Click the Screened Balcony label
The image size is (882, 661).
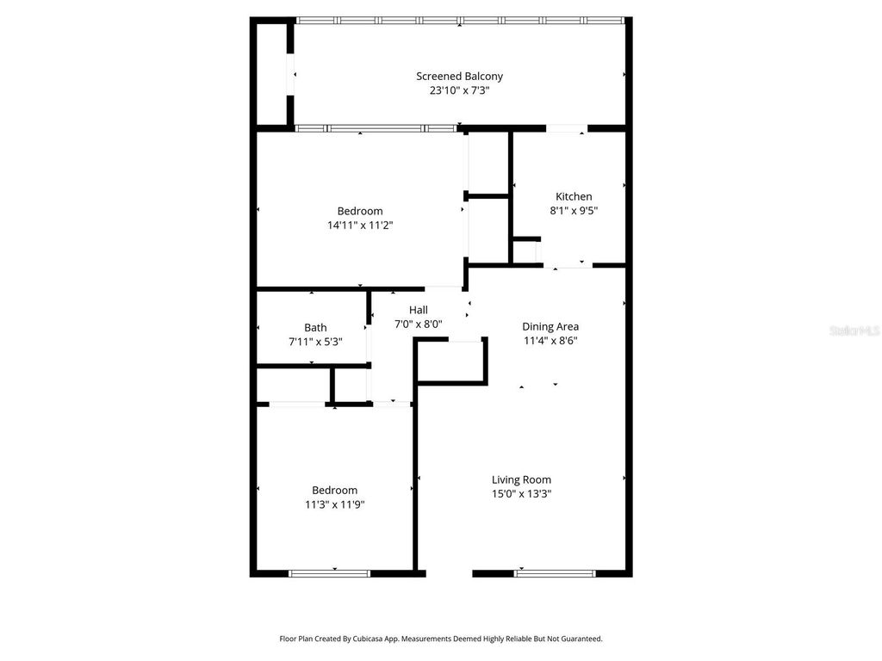(x=459, y=76)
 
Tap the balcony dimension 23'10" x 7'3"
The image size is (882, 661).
(x=459, y=90)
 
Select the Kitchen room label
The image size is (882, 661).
(x=574, y=196)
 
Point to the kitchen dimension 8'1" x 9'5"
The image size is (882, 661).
(x=574, y=210)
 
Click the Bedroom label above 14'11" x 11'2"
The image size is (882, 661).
(x=360, y=211)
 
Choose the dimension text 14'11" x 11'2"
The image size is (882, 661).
(x=360, y=225)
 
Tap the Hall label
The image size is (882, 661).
(x=419, y=310)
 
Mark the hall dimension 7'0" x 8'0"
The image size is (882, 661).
(x=419, y=324)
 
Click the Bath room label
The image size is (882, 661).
(x=315, y=327)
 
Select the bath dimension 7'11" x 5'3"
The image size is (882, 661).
(x=315, y=341)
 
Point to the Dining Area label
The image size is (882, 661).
(x=550, y=326)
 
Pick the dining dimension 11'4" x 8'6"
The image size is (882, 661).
(x=550, y=340)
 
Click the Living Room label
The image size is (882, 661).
(x=521, y=479)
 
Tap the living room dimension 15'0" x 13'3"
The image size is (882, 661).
(x=521, y=494)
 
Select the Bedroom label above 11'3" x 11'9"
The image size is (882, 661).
(x=335, y=491)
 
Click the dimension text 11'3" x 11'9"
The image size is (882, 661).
(x=335, y=505)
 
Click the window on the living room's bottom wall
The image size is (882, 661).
(x=555, y=573)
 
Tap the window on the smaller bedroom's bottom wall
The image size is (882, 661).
(x=330, y=573)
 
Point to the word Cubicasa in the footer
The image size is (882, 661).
(x=385, y=639)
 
